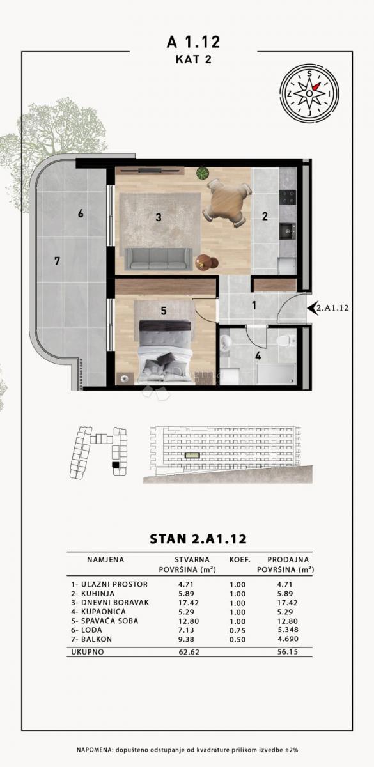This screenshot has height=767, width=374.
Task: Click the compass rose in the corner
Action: (x=310, y=93)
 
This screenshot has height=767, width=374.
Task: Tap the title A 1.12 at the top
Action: (x=193, y=42)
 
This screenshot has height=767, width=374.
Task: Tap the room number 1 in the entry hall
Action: (x=254, y=306)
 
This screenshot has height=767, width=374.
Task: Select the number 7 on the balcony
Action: (x=57, y=261)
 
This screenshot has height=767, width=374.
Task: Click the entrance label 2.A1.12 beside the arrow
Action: (x=332, y=307)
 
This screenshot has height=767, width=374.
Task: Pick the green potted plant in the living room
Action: (x=203, y=173)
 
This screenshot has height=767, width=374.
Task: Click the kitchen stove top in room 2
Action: (x=288, y=197)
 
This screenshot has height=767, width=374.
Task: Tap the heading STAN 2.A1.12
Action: (x=198, y=539)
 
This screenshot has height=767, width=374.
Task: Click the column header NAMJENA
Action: (x=105, y=559)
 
